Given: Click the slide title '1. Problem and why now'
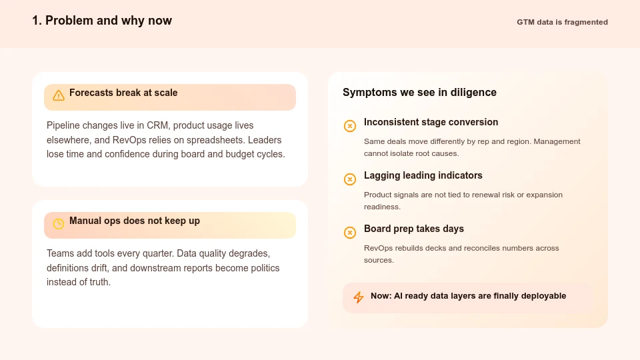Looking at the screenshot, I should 102,21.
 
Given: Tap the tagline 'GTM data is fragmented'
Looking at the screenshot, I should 562,22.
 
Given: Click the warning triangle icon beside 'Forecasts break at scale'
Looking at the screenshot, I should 59,95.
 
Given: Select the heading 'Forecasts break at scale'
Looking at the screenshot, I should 123,93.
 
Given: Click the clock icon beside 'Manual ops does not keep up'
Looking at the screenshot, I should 59,224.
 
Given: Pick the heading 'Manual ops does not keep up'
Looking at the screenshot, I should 135,221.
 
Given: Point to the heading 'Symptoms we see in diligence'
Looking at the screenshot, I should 419,93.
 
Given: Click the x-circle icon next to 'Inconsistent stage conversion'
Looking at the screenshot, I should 350,126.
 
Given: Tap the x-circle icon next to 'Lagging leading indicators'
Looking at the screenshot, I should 350,179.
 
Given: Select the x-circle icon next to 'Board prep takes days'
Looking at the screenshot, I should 350,233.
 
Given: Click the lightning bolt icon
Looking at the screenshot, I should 359,297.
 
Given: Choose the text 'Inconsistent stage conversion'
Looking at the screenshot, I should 431,122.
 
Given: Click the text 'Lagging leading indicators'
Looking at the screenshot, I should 423,175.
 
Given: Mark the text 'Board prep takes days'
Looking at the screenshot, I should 414,229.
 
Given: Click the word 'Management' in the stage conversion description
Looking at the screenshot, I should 557,141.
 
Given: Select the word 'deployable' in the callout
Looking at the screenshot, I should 543,296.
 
